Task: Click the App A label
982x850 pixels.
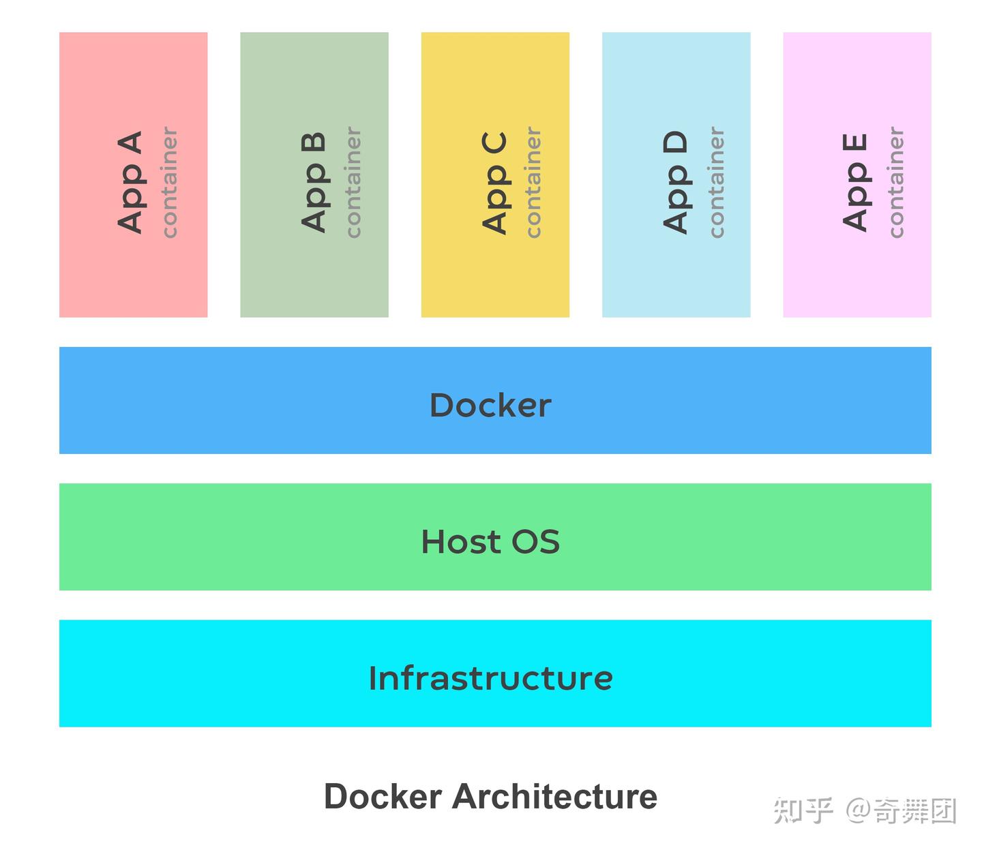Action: click(x=130, y=182)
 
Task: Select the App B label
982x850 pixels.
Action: click(x=313, y=182)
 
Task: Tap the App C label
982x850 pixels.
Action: click(x=494, y=182)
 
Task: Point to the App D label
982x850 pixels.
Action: click(x=675, y=182)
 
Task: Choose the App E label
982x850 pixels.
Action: click(x=855, y=182)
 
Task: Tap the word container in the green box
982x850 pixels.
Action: click(x=352, y=182)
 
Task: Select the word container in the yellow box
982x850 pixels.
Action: click(x=533, y=182)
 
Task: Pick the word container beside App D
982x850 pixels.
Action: click(x=715, y=182)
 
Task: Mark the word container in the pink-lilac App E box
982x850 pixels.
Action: click(x=895, y=182)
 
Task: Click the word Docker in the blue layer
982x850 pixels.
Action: click(x=490, y=405)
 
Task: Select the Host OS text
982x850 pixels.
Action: click(x=490, y=542)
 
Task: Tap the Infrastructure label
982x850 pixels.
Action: click(x=490, y=678)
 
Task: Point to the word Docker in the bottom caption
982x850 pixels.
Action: click(x=383, y=796)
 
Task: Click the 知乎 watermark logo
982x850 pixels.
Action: click(x=803, y=811)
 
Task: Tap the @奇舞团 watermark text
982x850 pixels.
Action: click(x=900, y=811)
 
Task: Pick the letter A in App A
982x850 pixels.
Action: click(x=130, y=145)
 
